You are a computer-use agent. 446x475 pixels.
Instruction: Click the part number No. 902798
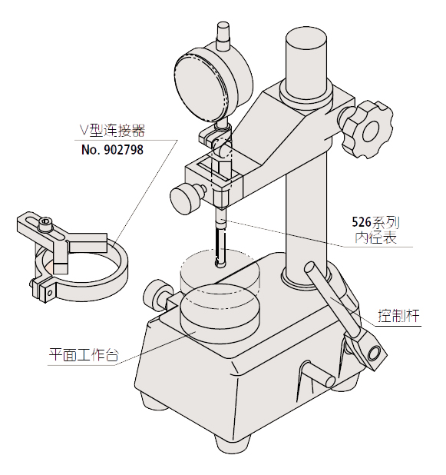click(112, 150)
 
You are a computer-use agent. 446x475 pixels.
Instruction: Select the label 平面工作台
click(84, 354)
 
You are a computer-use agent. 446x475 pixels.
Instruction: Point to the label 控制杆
click(399, 316)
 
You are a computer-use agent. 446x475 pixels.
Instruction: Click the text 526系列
click(375, 223)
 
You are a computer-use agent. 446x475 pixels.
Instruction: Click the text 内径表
click(376, 237)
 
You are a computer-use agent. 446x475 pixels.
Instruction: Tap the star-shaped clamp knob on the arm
click(367, 129)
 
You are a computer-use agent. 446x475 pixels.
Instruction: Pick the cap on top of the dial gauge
click(223, 35)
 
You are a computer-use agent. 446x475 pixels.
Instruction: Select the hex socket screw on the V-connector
click(46, 225)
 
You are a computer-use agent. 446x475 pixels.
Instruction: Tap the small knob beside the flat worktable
click(156, 296)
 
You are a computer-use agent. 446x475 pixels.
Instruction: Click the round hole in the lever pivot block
click(375, 352)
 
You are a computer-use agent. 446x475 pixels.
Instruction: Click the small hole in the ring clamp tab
click(50, 292)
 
